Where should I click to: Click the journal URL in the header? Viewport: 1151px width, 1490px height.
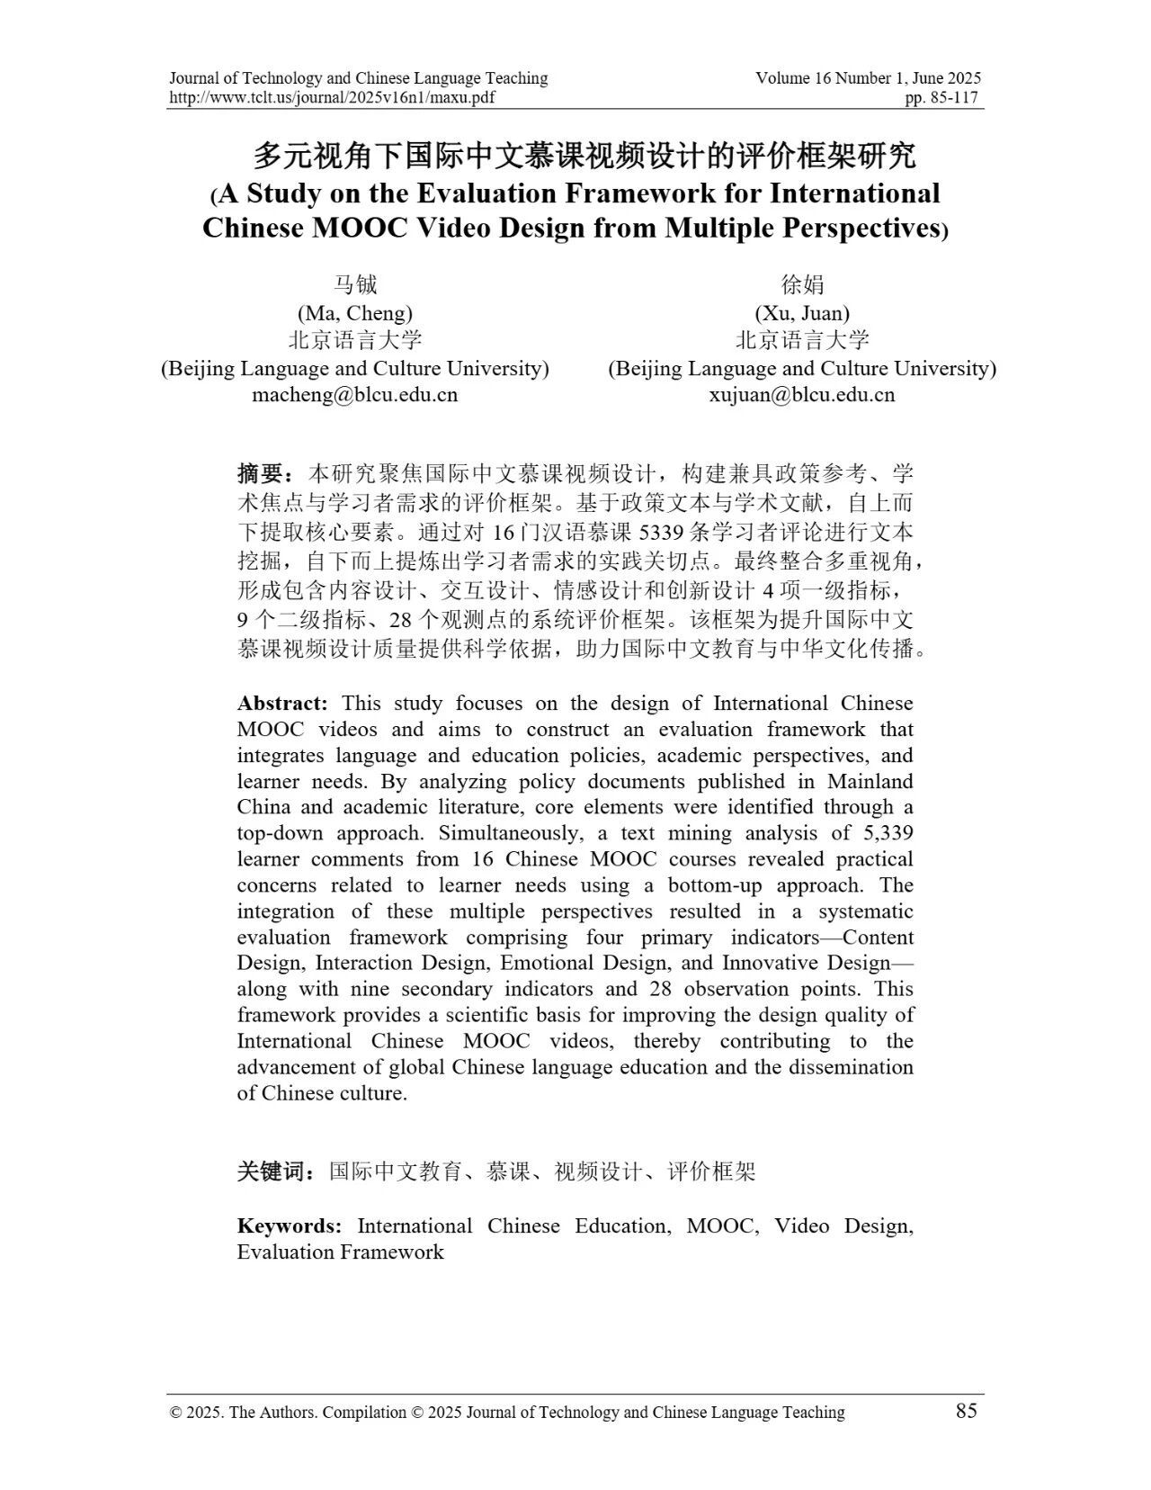point(332,98)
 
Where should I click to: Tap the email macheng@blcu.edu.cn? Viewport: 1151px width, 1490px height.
point(354,395)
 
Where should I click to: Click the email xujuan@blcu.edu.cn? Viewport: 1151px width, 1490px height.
point(801,395)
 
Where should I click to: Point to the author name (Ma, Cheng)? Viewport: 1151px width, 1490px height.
point(354,313)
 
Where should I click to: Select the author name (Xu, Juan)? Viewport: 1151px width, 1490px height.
point(801,313)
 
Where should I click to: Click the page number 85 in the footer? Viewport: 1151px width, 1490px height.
point(966,1411)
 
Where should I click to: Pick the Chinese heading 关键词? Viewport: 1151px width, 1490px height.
point(275,1171)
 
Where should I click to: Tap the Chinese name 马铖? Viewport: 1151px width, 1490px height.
point(354,285)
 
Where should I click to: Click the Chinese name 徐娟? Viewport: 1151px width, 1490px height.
point(801,285)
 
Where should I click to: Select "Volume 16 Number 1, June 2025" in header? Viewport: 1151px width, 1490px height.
point(868,78)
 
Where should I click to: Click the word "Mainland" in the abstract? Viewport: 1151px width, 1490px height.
point(870,781)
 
